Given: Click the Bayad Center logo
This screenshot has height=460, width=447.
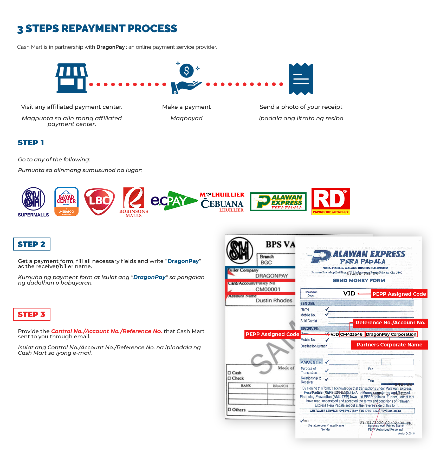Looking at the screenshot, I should [66, 201].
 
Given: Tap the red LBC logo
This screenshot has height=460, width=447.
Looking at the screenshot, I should [99, 202].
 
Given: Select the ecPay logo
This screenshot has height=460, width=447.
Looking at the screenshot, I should [174, 201].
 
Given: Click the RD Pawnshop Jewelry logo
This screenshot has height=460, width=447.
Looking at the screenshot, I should [331, 201].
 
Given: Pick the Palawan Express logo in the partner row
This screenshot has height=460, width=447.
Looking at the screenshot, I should [278, 202].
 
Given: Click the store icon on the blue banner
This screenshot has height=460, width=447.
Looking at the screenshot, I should [72, 78].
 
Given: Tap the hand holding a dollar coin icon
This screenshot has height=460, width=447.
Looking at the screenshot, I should [186, 78].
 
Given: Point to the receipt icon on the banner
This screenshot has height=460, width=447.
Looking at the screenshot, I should [301, 78].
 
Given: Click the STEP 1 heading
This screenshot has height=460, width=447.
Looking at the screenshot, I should [30, 143].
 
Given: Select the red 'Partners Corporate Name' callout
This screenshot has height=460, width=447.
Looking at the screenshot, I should [390, 345].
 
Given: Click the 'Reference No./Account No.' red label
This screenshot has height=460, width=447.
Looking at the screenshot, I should [390, 323].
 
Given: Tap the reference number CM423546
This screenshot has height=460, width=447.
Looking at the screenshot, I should [351, 334].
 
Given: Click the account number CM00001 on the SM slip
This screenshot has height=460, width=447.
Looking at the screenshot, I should [268, 289].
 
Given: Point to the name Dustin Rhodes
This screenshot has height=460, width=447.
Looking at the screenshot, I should [274, 300].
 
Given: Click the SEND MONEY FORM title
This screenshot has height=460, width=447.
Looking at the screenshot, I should [359, 280].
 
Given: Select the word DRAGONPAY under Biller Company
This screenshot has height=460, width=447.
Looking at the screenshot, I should [271, 276].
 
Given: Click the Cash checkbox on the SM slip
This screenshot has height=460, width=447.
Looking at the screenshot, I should [229, 373].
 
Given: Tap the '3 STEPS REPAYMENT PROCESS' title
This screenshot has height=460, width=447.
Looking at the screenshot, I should [97, 29].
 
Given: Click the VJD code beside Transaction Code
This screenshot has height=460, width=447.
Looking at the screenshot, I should [349, 294].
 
